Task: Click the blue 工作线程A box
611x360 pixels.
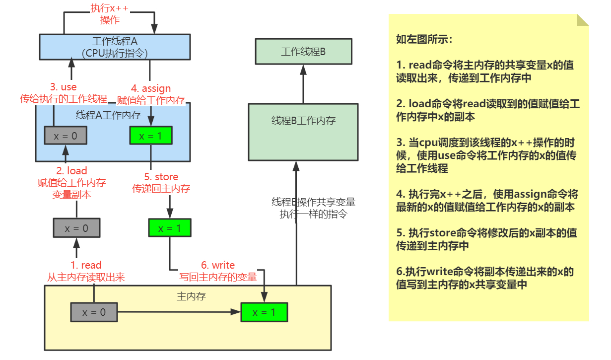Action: click(115, 47)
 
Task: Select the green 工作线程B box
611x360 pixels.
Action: click(303, 51)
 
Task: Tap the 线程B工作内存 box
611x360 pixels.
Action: click(303, 132)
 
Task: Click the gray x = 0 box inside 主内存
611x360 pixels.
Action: click(94, 312)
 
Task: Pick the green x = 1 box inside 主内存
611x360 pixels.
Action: click(264, 312)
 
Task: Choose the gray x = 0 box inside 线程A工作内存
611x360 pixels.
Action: click(66, 136)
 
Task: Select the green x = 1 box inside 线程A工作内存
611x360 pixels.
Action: click(150, 136)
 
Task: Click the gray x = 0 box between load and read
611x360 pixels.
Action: click(76, 228)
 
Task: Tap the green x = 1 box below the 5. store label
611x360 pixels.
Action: click(170, 228)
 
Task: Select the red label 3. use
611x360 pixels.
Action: click(64, 87)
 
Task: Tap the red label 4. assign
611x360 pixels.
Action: click(150, 88)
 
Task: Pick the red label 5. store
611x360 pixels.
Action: click(161, 177)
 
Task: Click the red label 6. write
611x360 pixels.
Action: click(218, 265)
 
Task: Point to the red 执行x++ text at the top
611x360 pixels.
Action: click(110, 8)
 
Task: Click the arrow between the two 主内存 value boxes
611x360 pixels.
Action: click(179, 312)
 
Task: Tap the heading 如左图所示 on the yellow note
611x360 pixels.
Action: click(424, 40)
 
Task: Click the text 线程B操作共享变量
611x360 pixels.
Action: click(313, 203)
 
